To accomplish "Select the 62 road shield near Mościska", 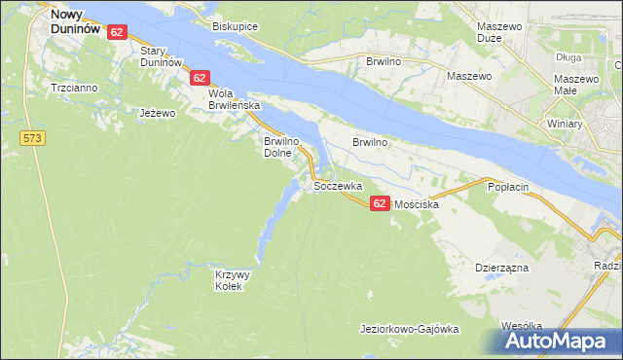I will click(380, 201).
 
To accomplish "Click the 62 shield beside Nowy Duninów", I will click(117, 32).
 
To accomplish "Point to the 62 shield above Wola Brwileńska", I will click(200, 77).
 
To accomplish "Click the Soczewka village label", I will click(338, 185).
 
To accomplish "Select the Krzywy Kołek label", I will click(233, 280).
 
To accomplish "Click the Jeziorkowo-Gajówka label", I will click(409, 329).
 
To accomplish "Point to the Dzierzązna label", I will click(501, 266).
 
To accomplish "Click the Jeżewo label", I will click(157, 113).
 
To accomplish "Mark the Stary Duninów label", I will click(162, 55).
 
